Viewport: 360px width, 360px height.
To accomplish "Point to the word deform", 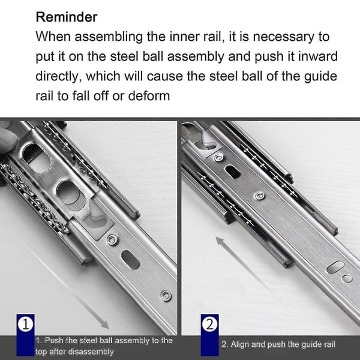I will (148, 95).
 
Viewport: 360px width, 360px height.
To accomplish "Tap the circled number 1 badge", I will (26, 325).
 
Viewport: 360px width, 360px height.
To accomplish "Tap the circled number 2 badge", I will (209, 325).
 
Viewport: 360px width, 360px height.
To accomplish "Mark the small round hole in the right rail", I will (347, 278).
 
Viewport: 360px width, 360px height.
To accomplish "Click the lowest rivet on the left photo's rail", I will (165, 295).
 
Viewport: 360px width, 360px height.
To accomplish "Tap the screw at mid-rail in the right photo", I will (259, 196).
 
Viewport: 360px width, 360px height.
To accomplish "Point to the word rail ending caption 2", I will (328, 344).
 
